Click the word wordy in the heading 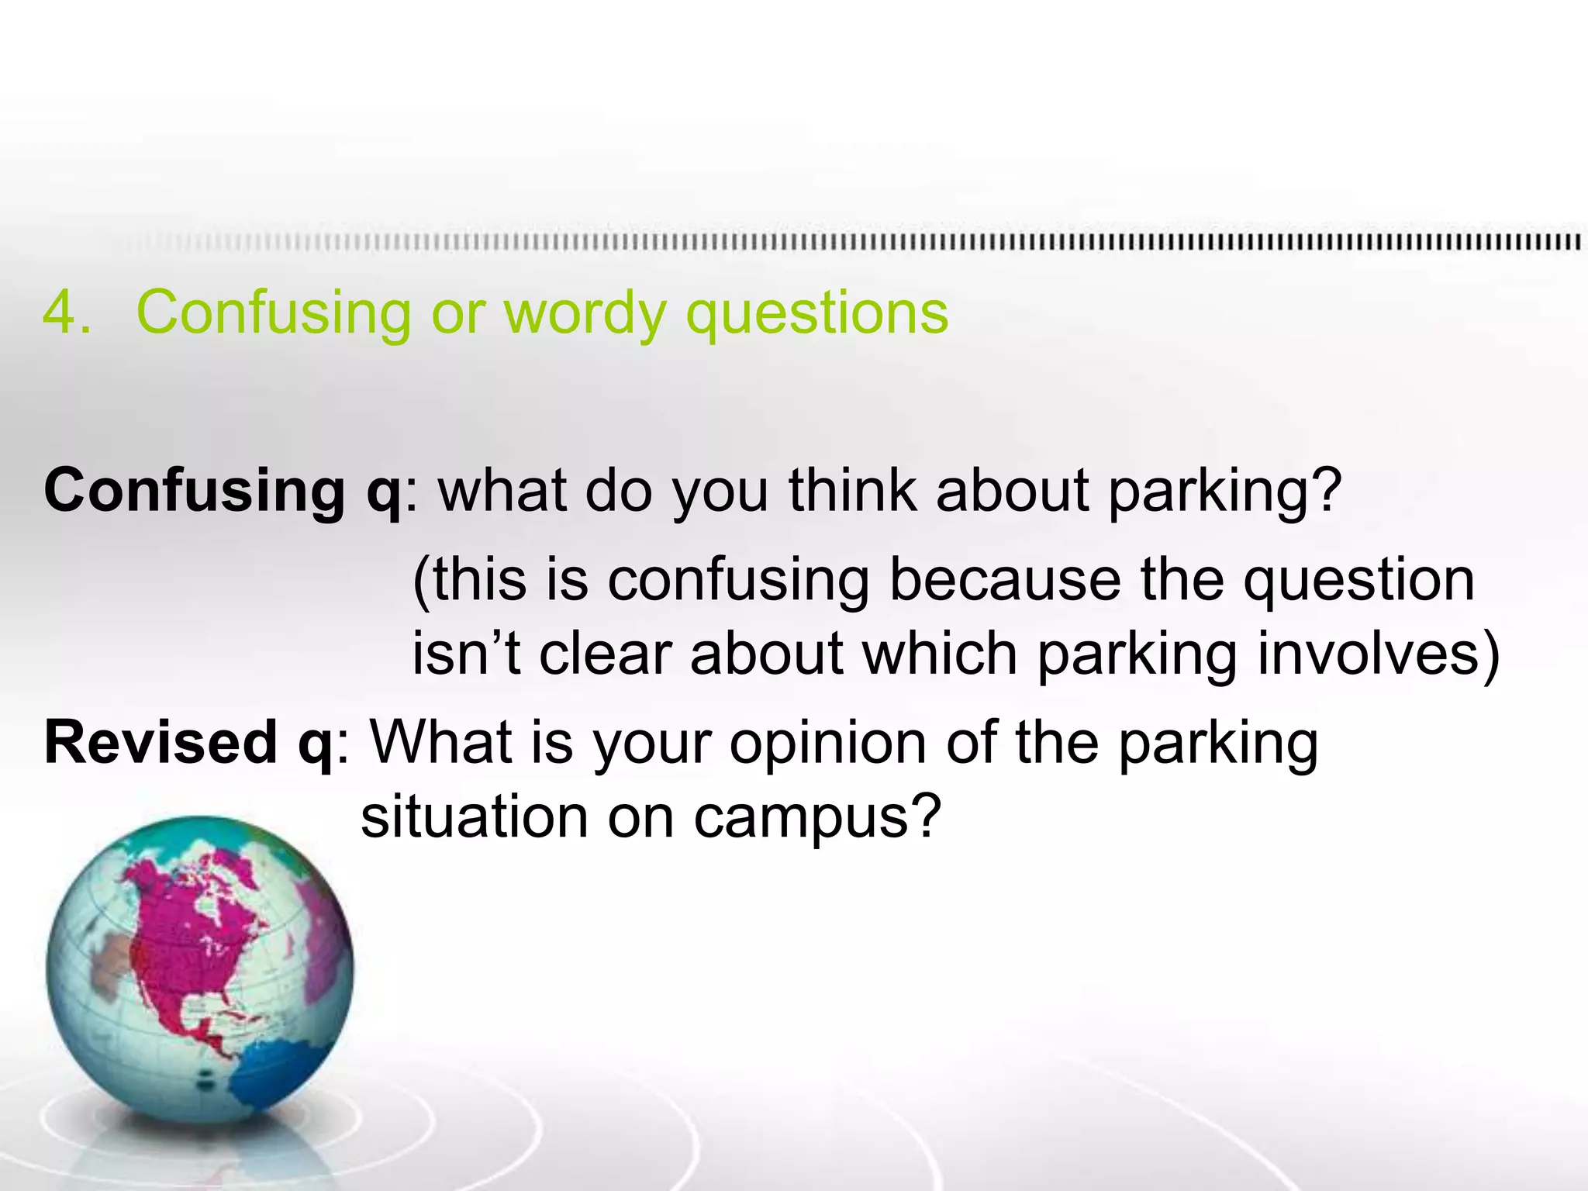click(x=585, y=314)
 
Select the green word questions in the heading click(x=817, y=314)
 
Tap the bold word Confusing click(x=194, y=491)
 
